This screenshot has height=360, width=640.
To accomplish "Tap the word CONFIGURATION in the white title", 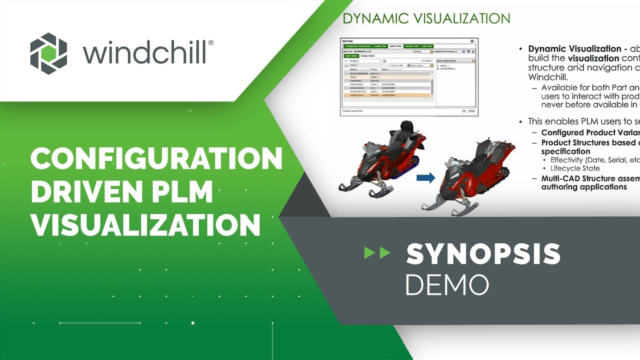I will tap(156, 159).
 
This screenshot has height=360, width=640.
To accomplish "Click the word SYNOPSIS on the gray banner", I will tap(483, 253).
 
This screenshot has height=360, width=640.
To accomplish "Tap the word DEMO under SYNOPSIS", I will tap(446, 284).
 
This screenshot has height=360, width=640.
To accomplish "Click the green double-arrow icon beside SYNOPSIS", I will tap(377, 253).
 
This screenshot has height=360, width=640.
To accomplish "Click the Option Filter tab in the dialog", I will tap(395, 46).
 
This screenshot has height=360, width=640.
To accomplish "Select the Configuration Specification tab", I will tap(358, 46).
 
